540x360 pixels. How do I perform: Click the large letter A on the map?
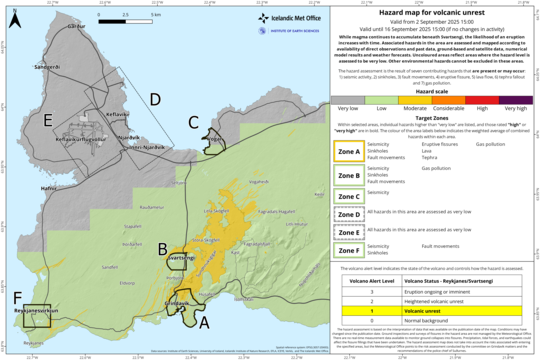(x=204, y=322)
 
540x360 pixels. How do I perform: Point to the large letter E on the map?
(x=49, y=120)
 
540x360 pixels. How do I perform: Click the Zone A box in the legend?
(x=349, y=153)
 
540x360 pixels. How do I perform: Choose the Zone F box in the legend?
(x=349, y=248)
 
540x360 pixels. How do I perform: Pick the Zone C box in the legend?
(x=349, y=197)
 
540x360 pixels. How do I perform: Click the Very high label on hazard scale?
(x=515, y=105)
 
